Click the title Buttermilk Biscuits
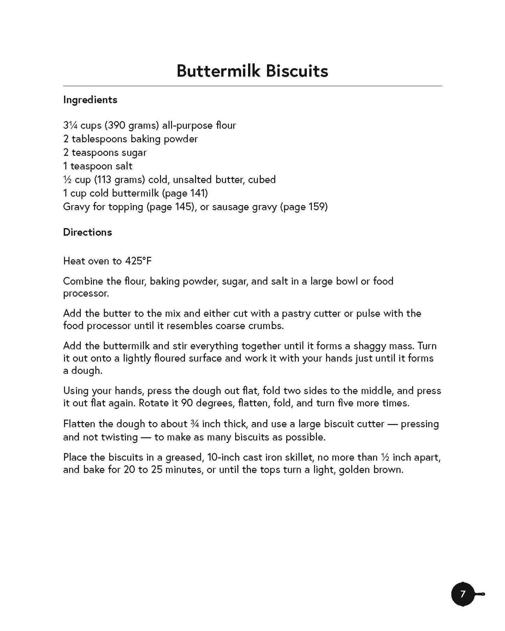click(252, 71)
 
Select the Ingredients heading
click(90, 100)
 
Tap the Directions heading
click(87, 232)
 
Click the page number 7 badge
click(463, 594)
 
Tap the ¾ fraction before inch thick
click(195, 424)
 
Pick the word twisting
click(119, 437)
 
